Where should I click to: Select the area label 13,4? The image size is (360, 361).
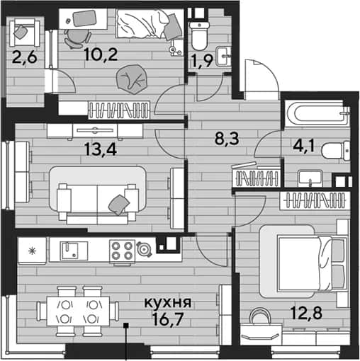pyautogui.click(x=101, y=149)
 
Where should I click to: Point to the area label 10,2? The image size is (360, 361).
pyautogui.click(x=101, y=55)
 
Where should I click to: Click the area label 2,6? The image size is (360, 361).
pyautogui.click(x=25, y=57)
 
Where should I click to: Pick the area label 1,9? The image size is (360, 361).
pyautogui.click(x=203, y=62)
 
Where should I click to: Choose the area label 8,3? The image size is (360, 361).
pyautogui.click(x=227, y=139)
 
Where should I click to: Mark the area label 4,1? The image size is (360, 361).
pyautogui.click(x=304, y=146)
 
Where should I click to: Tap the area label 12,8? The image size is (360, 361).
pyautogui.click(x=306, y=312)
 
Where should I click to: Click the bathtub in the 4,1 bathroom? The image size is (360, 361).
pyautogui.click(x=317, y=114)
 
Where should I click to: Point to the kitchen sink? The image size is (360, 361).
pyautogui.click(x=74, y=251)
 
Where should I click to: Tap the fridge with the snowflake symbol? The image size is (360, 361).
pyautogui.click(x=32, y=251)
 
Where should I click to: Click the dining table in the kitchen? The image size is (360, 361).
pyautogui.click(x=78, y=311)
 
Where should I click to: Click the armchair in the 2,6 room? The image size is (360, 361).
pyautogui.click(x=25, y=33)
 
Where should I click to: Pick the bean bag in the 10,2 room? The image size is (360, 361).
pyautogui.click(x=132, y=79)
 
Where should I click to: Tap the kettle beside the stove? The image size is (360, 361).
pyautogui.click(x=144, y=249)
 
